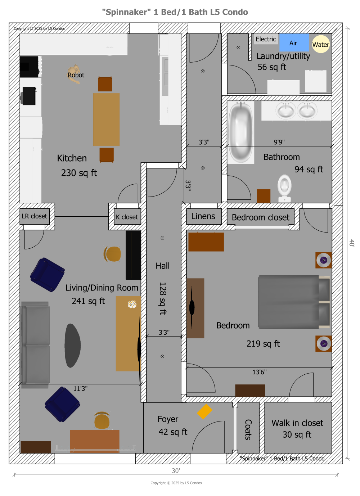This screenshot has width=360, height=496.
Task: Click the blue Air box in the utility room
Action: tap(294, 43)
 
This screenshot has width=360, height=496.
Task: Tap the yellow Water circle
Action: tap(320, 44)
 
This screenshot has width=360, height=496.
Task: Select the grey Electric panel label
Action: tap(266, 39)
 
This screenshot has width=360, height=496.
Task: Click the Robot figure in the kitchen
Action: tap(75, 74)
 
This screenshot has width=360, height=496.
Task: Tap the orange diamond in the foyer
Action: tap(204, 411)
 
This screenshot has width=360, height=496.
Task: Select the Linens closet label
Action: tap(203, 216)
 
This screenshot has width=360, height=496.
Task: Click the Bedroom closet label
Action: tap(260, 217)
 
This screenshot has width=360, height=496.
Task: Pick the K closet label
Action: tap(127, 217)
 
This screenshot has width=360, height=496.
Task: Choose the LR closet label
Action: tap(34, 216)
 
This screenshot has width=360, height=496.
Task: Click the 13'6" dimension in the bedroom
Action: tap(259, 372)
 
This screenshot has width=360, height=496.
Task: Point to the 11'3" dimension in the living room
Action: tap(80, 388)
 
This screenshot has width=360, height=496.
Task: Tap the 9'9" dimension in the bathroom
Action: tap(279, 142)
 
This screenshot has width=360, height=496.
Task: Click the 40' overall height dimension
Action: tap(352, 243)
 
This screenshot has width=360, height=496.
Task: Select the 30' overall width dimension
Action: tap(176, 471)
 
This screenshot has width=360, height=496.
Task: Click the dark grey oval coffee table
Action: tap(72, 346)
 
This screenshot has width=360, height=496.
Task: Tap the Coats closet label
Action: tap(248, 429)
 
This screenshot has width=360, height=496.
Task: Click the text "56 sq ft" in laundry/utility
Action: tap(272, 67)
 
